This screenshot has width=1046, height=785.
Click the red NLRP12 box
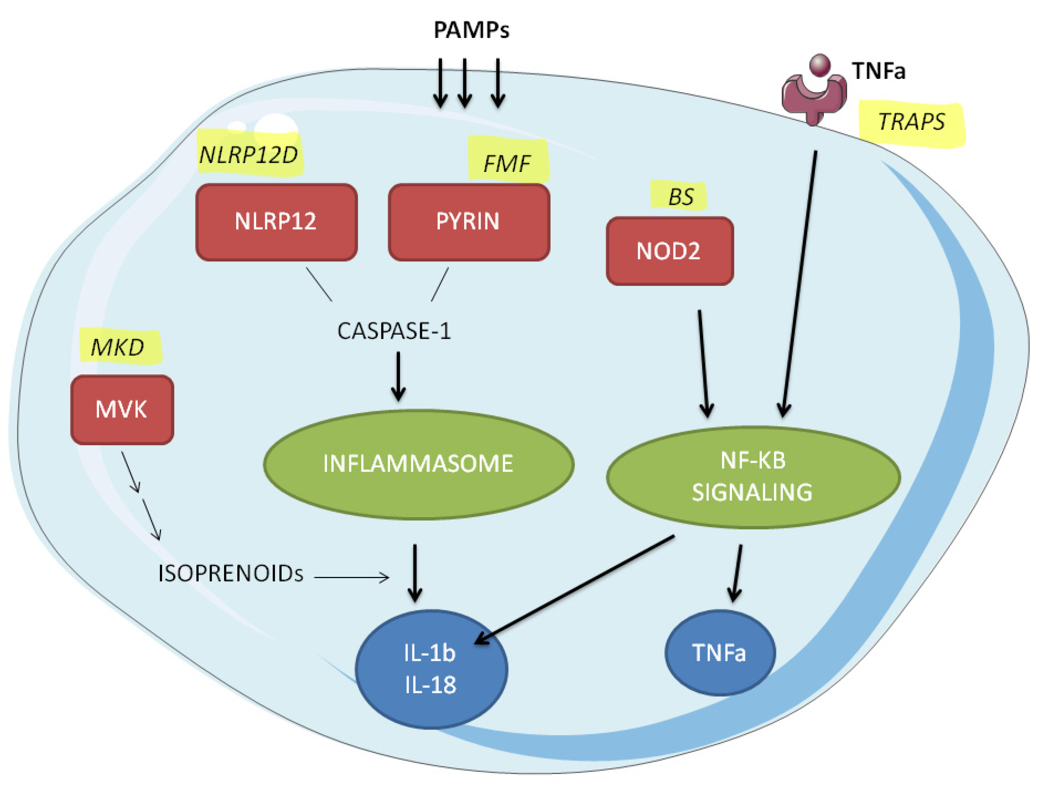click(276, 222)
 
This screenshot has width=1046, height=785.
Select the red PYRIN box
click(468, 222)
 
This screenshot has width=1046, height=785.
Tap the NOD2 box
click(669, 251)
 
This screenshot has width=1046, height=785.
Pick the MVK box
click(122, 409)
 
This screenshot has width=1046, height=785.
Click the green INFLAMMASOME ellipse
click(418, 464)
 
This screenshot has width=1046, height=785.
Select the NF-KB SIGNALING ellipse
click(753, 477)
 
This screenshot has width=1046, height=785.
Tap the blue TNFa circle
click(720, 653)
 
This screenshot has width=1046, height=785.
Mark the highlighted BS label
click(680, 196)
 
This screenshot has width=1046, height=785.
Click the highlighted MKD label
click(119, 347)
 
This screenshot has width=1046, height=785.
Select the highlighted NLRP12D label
click(249, 154)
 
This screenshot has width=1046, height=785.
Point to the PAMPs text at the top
click(471, 30)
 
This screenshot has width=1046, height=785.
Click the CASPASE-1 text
click(394, 331)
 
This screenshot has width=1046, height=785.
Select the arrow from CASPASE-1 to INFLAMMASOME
click(398, 376)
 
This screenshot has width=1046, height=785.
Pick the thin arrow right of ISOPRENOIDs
click(351, 577)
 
